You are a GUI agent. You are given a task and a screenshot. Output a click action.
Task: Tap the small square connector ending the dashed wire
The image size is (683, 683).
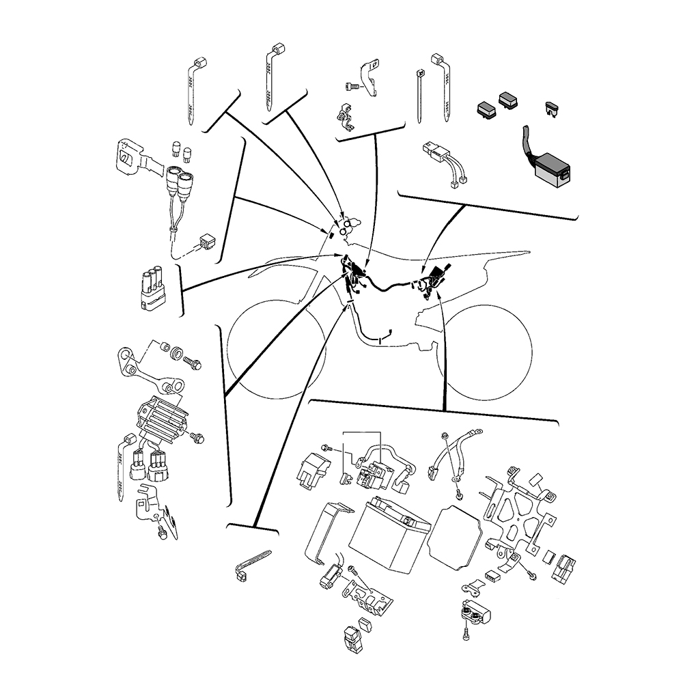coord(206,240)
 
